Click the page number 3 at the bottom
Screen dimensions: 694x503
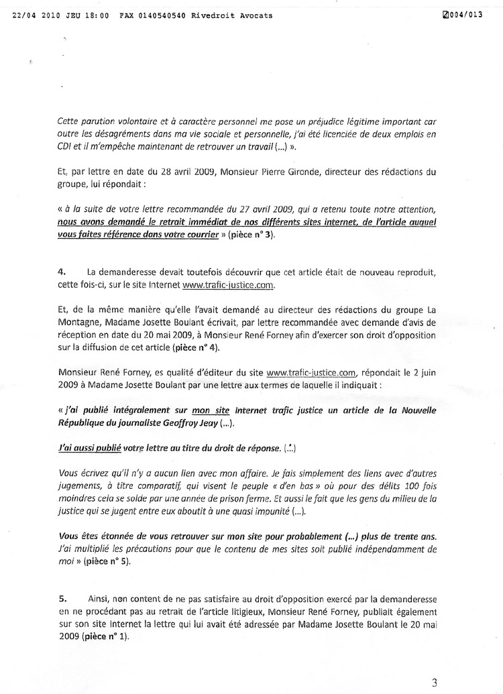click(x=435, y=683)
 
